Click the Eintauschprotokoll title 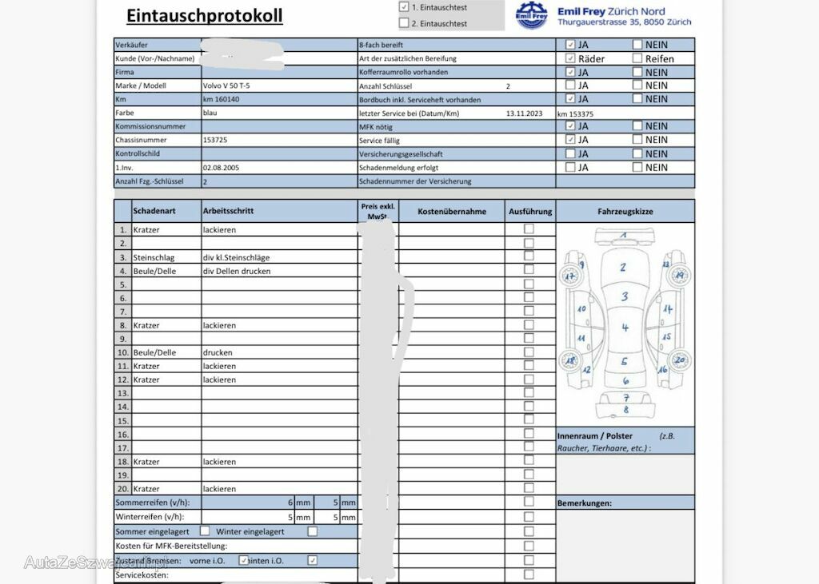coord(204,15)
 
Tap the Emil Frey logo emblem coord(531,15)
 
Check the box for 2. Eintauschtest coord(404,23)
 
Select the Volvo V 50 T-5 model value coord(231,85)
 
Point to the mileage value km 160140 coord(222,99)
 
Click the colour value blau coord(210,113)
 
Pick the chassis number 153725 coord(215,140)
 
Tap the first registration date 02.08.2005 coord(221,168)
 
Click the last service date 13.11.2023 coord(524,113)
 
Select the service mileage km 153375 coord(576,113)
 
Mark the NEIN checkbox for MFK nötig coord(637,126)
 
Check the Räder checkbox coord(570,58)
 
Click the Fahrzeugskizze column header coord(625,212)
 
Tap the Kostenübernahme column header coord(452,212)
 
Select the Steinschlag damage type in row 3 coord(154,257)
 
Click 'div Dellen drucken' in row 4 coord(237,271)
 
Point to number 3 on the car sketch coord(625,297)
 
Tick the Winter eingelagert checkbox coord(312,531)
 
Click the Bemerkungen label coord(584,503)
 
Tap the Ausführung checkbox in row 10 coord(529,352)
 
